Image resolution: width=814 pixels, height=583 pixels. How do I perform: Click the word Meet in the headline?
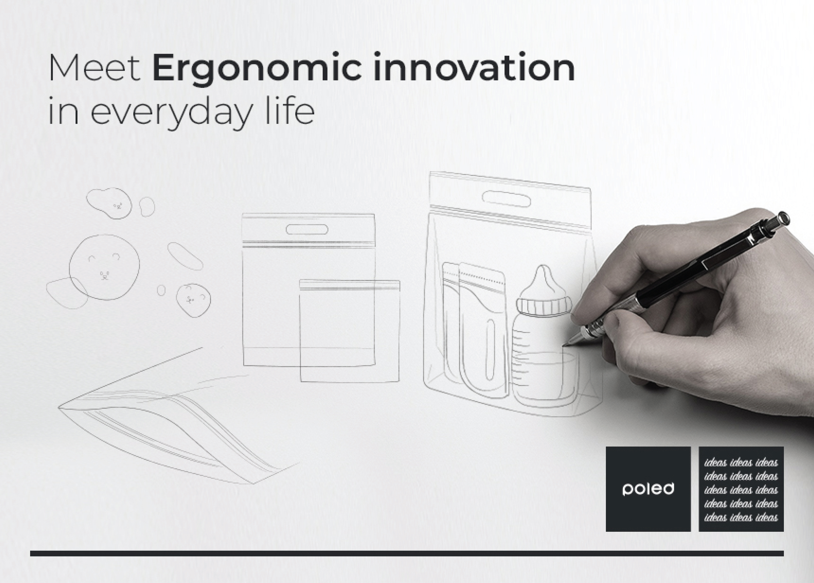(x=94, y=68)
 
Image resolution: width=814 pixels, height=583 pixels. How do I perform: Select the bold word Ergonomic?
(x=257, y=69)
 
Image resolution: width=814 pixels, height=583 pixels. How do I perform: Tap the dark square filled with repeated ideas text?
(x=741, y=489)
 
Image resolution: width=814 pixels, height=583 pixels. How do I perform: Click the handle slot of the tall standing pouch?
(x=506, y=199)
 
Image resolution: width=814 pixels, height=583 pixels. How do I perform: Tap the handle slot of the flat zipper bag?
(x=307, y=229)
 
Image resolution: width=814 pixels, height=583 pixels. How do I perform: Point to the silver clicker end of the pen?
(x=784, y=218)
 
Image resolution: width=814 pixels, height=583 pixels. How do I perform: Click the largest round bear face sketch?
(x=104, y=267)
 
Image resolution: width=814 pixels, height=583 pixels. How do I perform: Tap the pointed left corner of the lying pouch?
(x=59, y=408)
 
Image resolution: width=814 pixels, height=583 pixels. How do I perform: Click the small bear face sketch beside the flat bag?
(x=193, y=300)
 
